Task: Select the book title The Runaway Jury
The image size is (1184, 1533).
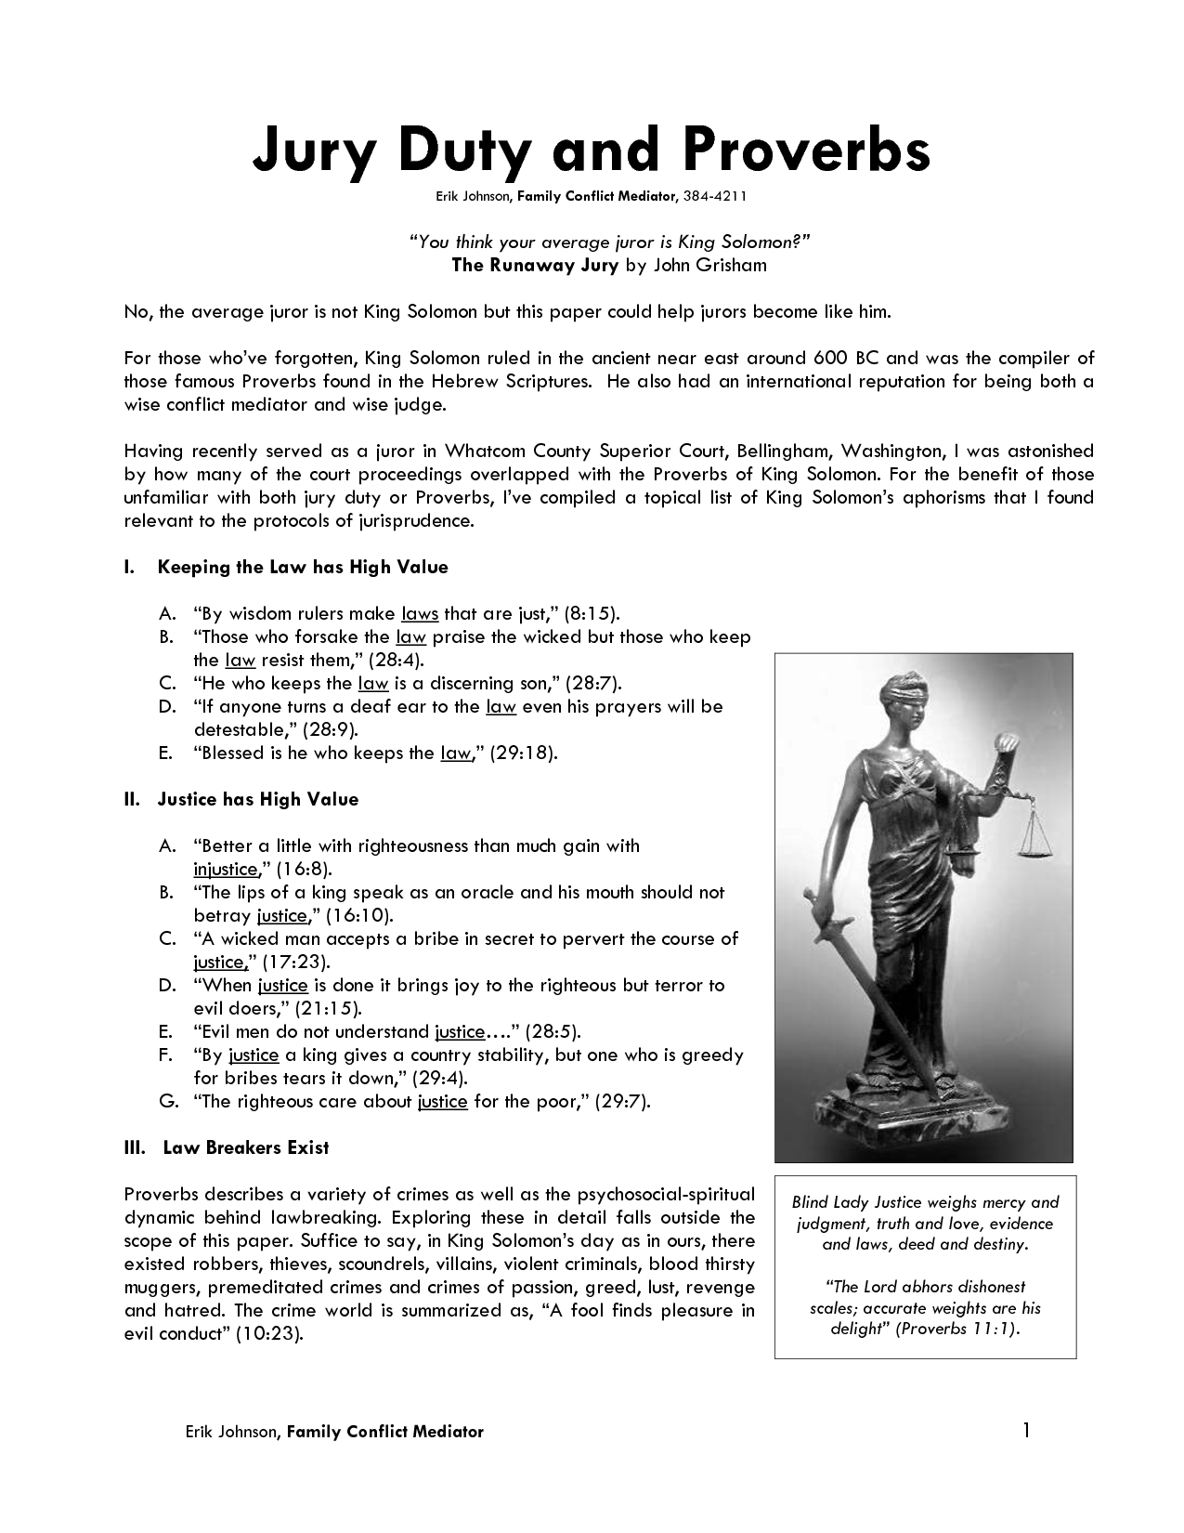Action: click(535, 265)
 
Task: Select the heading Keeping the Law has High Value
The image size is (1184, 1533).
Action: click(303, 567)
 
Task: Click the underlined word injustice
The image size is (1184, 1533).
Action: click(225, 870)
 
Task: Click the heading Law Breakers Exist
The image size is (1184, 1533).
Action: click(246, 1147)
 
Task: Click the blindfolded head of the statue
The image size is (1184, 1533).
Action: click(904, 698)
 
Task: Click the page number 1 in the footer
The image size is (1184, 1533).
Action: click(1026, 1430)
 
